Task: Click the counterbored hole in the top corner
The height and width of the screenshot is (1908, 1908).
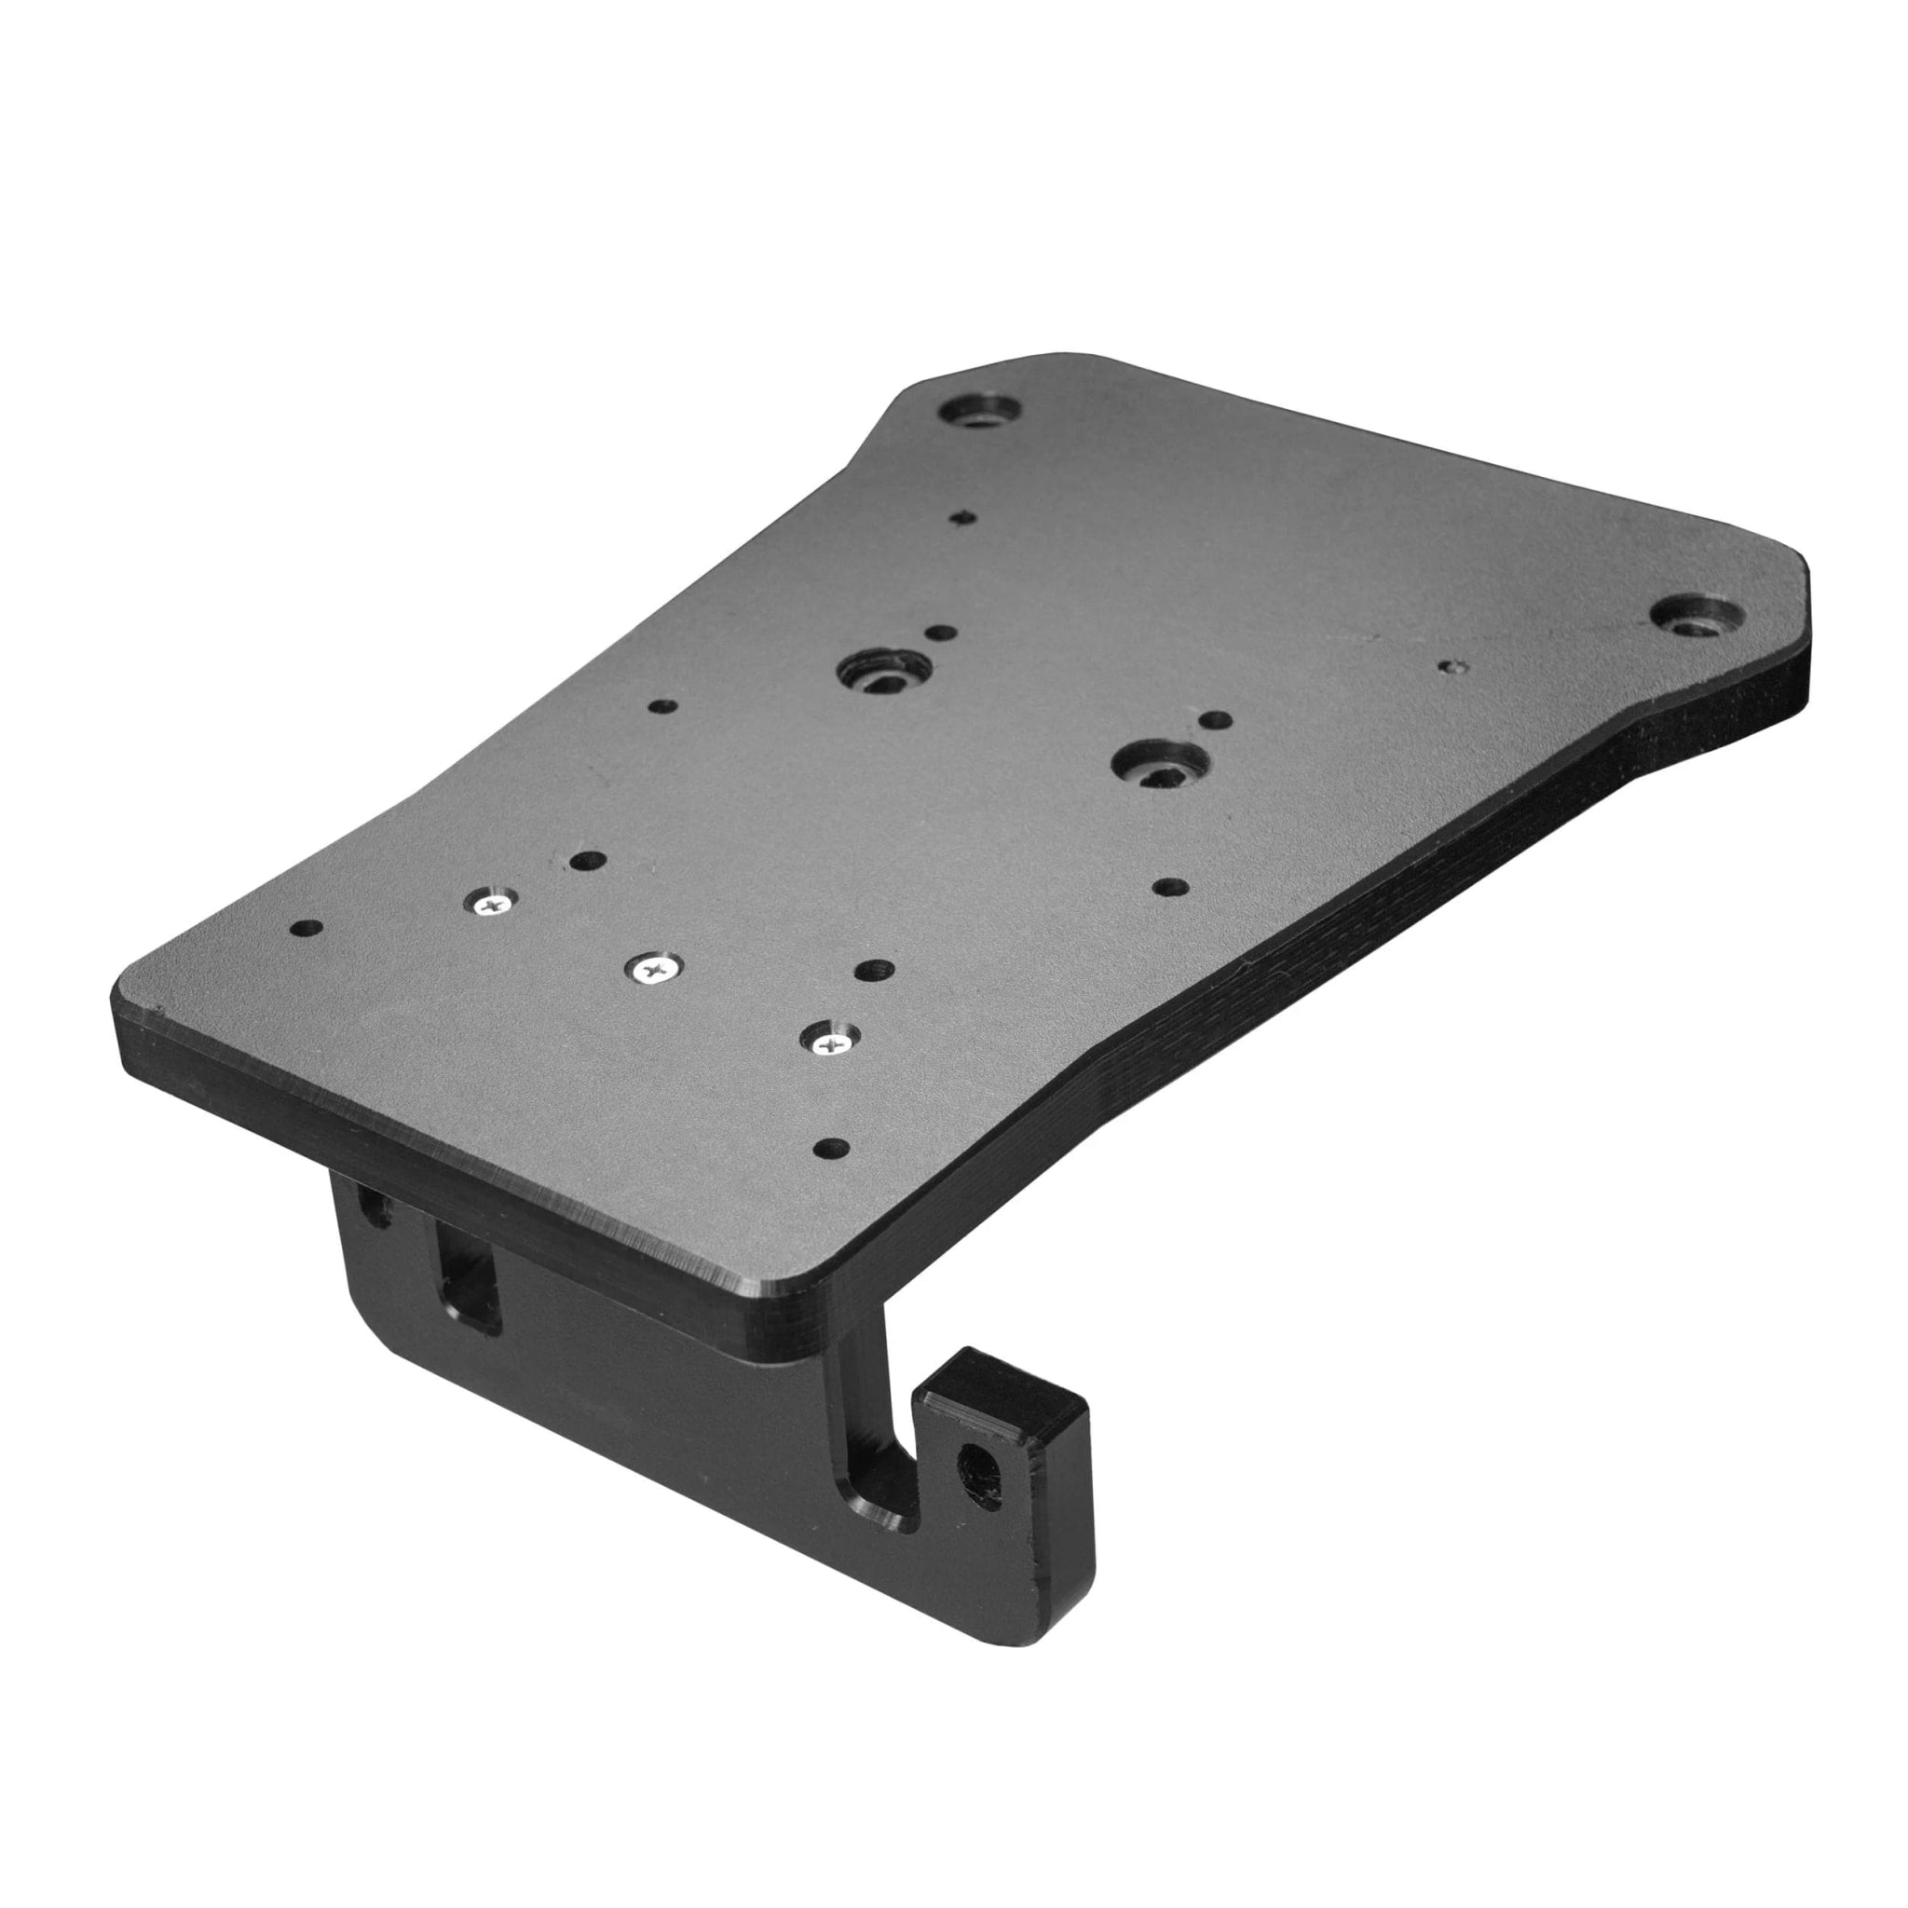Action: click(x=982, y=410)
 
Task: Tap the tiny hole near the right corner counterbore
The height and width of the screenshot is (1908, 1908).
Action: click(x=1450, y=667)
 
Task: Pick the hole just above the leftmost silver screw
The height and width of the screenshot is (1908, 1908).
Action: click(x=589, y=861)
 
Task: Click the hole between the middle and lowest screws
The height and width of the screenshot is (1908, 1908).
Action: click(x=873, y=971)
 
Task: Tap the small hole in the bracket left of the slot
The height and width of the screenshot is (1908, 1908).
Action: click(x=375, y=1206)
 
